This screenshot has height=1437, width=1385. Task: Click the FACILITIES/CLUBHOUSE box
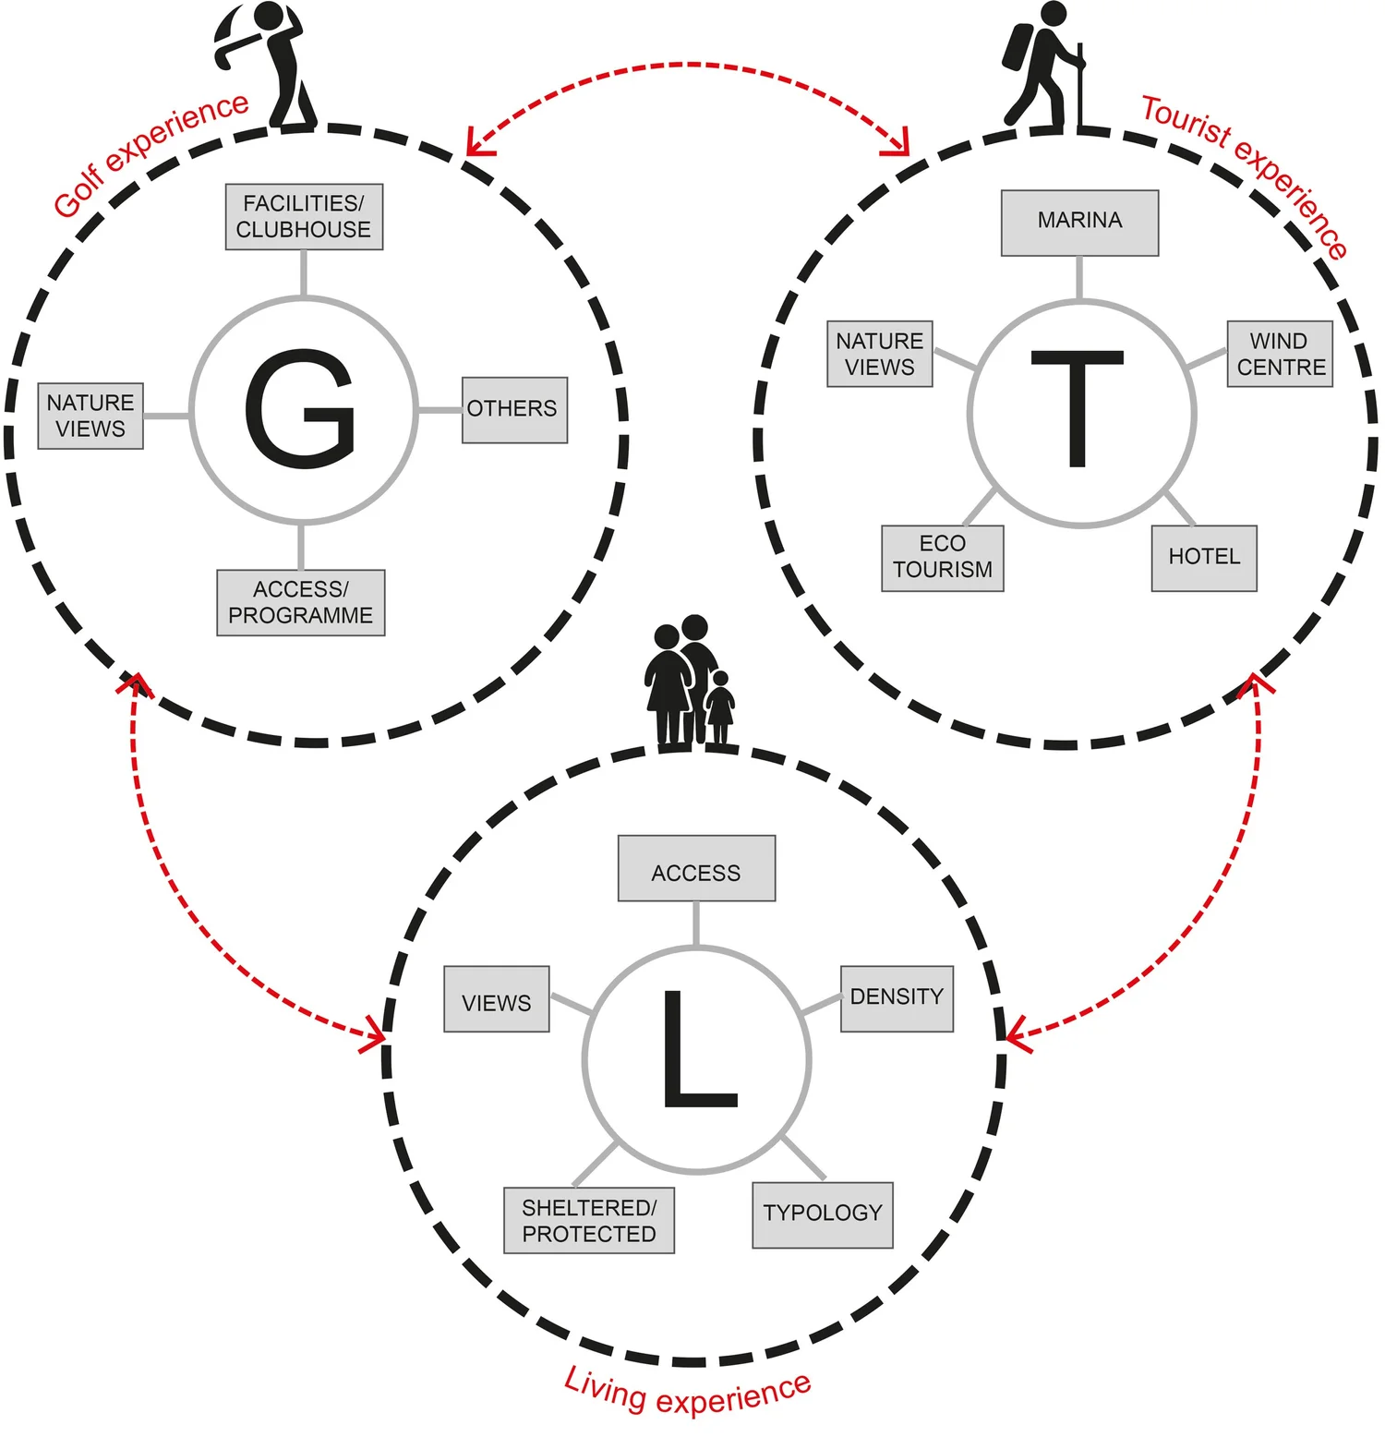(304, 217)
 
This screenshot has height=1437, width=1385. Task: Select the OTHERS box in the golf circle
(514, 409)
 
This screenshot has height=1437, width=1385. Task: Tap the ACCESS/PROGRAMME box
(300, 602)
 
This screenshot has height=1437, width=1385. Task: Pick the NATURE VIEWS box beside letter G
(90, 416)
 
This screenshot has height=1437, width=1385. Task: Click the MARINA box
(1079, 223)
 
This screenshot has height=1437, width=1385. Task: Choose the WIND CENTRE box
(1280, 354)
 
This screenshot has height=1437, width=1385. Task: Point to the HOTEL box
(1204, 558)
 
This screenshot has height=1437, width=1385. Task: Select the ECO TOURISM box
(943, 558)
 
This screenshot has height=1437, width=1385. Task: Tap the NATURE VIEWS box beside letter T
(879, 354)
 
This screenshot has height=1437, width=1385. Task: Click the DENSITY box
(897, 998)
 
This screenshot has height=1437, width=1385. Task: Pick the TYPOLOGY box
(823, 1214)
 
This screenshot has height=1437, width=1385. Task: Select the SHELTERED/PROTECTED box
(589, 1220)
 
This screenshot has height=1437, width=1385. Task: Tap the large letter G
(301, 408)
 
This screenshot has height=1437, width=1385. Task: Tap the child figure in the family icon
(720, 707)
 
